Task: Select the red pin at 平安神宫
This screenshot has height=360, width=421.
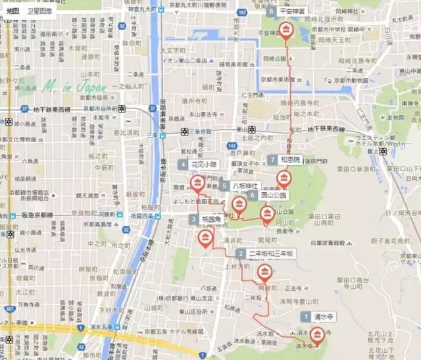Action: (286, 30)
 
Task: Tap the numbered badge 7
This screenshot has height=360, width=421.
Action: (272, 160)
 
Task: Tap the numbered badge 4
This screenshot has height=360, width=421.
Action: (182, 164)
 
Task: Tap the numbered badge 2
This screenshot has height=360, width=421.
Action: (241, 253)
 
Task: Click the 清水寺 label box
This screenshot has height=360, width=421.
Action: (325, 316)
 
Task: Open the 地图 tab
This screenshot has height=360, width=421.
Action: (13, 11)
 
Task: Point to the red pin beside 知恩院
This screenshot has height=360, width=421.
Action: (284, 178)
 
